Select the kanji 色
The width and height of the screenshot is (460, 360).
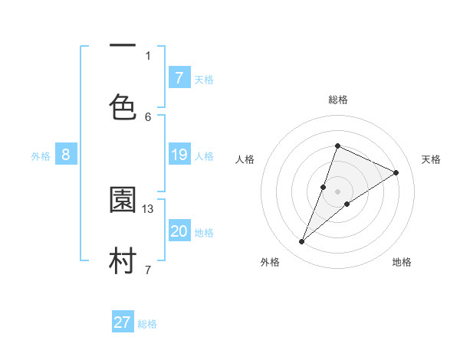pos(123,106)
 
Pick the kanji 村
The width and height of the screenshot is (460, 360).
pos(123,260)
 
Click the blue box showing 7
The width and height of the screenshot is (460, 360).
pos(179,77)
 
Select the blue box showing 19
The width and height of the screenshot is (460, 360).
pos(179,155)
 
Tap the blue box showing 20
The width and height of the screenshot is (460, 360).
pos(179,231)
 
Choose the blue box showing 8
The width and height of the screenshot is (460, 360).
pos(66,155)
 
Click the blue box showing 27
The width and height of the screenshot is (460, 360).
pos(123,322)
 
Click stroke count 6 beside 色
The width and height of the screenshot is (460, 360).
pos(148,116)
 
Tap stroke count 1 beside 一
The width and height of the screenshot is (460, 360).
pos(148,55)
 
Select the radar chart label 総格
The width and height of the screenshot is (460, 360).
pos(337,100)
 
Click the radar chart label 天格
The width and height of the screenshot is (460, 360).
pos(431,159)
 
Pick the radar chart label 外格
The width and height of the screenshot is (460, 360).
pos(269,262)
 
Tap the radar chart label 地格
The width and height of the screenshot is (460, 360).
pos(402,262)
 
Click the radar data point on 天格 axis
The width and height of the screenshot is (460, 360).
pos(396,172)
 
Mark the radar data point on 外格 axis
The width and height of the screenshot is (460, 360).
pos(301,242)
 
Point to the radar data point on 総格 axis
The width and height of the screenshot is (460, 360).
pos(337,146)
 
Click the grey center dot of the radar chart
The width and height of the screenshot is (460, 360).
pos(337,191)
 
